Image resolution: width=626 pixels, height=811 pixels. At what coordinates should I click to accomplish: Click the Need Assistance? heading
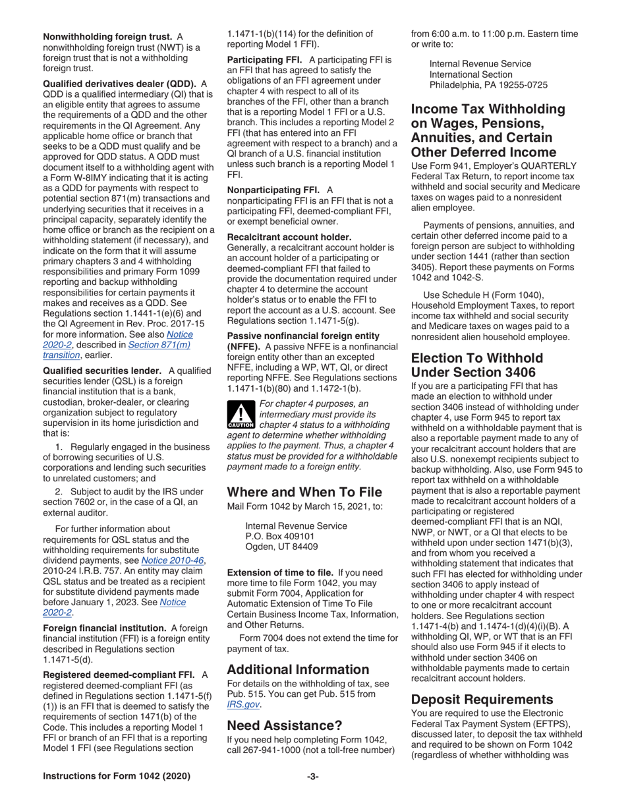tap(285, 725)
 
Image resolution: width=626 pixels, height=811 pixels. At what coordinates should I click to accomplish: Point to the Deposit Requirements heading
tap(484, 699)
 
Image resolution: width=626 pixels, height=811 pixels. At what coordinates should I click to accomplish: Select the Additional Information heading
tap(298, 669)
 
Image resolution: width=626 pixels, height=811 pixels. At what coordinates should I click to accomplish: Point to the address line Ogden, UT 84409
tap(281, 547)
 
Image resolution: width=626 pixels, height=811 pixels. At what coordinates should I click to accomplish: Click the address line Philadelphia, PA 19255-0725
tap(488, 85)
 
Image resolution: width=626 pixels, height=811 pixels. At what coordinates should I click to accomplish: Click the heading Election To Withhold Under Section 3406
tap(477, 365)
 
